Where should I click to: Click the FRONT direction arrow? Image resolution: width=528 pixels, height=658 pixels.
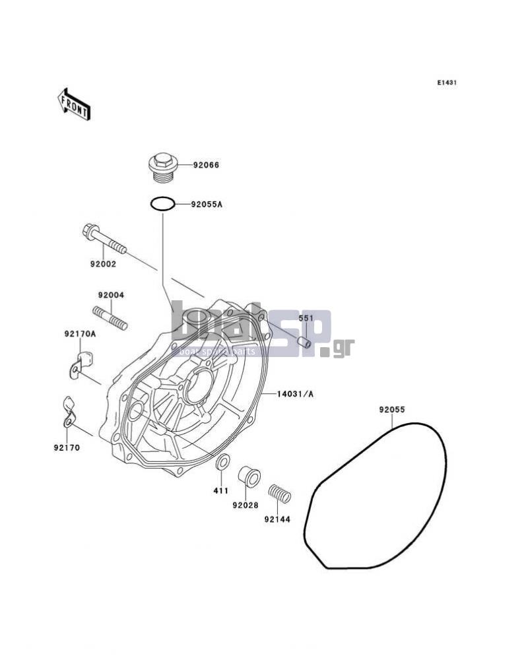tap(74, 104)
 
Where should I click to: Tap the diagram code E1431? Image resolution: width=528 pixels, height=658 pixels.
tap(447, 83)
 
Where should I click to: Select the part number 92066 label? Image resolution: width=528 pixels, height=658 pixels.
tap(206, 166)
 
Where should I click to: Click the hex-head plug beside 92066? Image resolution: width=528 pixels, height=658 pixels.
tap(164, 168)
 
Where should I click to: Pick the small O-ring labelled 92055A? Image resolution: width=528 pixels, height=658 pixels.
tap(162, 204)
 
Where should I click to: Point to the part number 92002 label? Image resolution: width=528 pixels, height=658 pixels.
tap(103, 265)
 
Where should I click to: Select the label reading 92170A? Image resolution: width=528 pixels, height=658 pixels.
tap(80, 334)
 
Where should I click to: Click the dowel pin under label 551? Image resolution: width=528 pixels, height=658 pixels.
tap(304, 343)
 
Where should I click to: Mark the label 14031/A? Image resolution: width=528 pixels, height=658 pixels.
tap(294, 394)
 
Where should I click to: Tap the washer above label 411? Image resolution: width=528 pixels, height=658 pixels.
tap(222, 462)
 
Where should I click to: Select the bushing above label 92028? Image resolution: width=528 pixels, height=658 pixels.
tap(249, 477)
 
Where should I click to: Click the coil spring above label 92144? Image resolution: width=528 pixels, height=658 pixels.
tap(280, 494)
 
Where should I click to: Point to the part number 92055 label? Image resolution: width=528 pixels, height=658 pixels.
tap(392, 410)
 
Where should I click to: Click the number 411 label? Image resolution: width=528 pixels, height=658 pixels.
tap(220, 490)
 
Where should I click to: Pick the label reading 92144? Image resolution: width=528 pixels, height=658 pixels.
tap(277, 519)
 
